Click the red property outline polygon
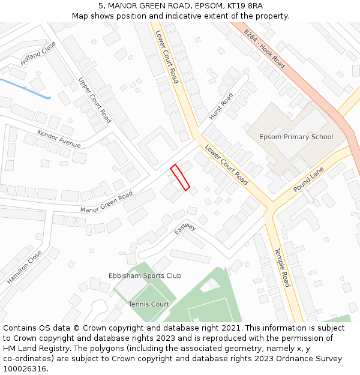180,178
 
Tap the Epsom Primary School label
296,137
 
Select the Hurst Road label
221,106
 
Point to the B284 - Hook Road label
265,48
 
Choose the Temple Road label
282,267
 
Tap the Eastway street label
185,229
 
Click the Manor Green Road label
106,202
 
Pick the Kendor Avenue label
59,139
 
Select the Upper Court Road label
95,100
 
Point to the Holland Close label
38,53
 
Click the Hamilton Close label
25,268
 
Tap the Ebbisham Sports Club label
145,276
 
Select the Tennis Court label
149,304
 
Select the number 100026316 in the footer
26,368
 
